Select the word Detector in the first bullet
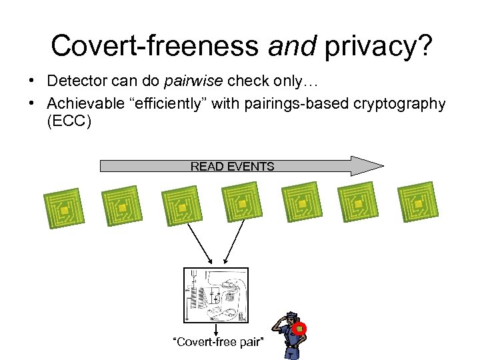point(76,81)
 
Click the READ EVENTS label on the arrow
point(232,166)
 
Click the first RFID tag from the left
point(65,210)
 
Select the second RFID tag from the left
point(122,207)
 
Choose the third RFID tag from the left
point(182,207)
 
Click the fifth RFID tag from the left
point(301,203)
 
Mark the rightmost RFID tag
point(418,203)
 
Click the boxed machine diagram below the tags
point(215,295)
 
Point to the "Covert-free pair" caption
point(217,342)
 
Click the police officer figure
point(290,337)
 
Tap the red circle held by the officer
point(301,328)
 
